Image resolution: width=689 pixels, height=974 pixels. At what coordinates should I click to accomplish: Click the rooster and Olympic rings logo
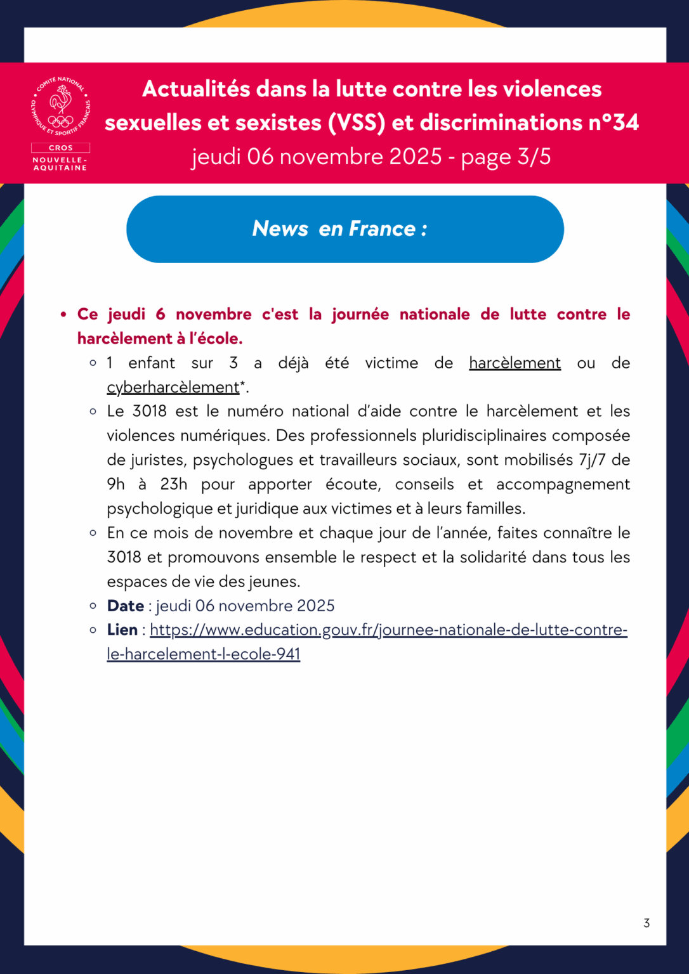[61, 107]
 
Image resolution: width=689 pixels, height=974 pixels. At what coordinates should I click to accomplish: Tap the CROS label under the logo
[61, 148]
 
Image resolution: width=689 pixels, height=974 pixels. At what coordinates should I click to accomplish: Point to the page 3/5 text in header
[506, 157]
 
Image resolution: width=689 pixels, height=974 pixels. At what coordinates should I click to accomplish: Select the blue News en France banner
[344, 229]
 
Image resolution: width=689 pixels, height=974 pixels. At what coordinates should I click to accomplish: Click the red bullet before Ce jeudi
[63, 315]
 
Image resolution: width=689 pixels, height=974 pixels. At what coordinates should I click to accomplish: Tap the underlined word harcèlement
[515, 363]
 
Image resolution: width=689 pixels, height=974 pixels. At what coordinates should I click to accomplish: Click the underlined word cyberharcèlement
[173, 387]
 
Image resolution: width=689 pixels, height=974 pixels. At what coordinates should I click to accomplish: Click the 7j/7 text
[592, 460]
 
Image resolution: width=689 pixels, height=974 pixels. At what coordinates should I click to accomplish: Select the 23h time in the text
[173, 484]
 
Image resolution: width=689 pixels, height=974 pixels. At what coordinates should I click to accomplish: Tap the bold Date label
[126, 606]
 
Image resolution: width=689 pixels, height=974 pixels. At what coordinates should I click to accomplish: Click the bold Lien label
[122, 630]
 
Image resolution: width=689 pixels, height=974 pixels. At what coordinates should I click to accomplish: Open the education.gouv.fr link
[388, 630]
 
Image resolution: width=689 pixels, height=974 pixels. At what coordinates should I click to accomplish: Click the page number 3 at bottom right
[646, 923]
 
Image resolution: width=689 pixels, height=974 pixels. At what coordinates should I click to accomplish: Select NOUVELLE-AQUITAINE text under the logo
[60, 164]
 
